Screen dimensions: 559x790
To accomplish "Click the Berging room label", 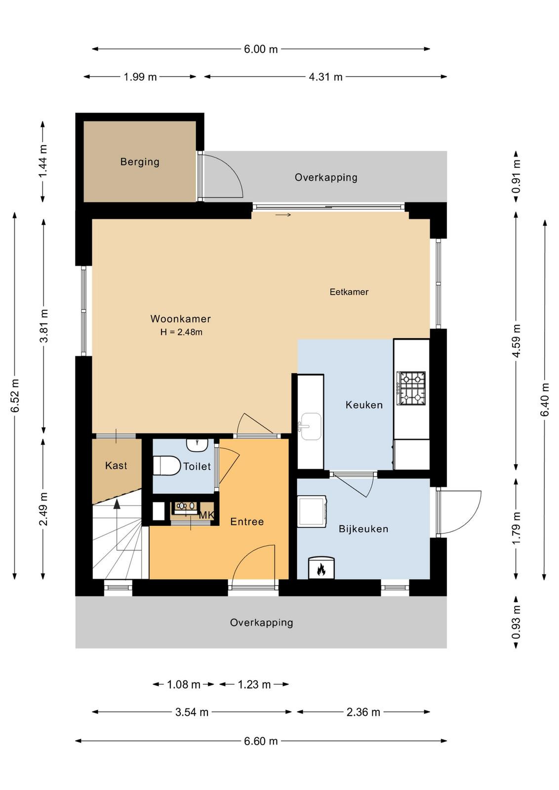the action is pos(140,162).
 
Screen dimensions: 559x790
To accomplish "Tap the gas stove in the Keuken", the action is pos(411,388).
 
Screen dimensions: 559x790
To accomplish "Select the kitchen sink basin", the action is pos(310,427).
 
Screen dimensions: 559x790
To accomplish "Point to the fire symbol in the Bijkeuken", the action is pos(321,569).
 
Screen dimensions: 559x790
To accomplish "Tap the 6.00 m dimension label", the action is pos(261,49).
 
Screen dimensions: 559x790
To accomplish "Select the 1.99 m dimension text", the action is pos(140,77).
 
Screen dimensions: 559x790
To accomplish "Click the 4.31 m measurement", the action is pos(325,77).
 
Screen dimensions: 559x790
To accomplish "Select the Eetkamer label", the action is pos(349,292).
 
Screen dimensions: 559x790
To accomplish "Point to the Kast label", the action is pos(116,466).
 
